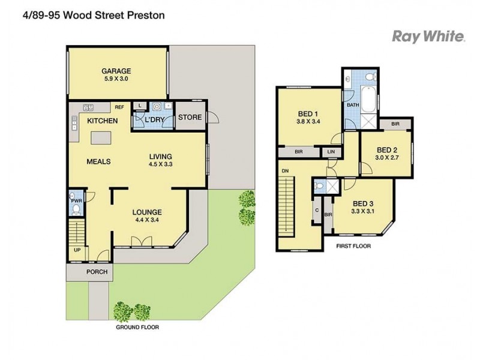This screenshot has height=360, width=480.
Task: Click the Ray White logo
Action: click(x=428, y=37)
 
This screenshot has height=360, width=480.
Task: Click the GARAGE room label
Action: click(x=116, y=70)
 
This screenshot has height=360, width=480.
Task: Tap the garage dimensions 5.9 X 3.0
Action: click(x=116, y=79)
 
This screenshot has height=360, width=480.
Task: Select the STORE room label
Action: click(x=191, y=117)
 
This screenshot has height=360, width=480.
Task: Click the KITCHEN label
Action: click(x=102, y=121)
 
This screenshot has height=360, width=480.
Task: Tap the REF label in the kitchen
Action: click(x=119, y=107)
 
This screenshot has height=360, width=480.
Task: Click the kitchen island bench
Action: click(x=102, y=140)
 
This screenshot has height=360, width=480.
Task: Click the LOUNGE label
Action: click(x=147, y=212)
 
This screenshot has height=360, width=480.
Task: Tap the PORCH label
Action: click(x=97, y=272)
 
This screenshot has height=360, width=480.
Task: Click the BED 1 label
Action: click(x=307, y=113)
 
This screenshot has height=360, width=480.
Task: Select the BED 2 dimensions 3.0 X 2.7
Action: click(x=387, y=158)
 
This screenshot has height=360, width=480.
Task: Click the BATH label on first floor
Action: click(x=352, y=105)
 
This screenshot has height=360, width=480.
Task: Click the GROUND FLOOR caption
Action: click(x=139, y=328)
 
